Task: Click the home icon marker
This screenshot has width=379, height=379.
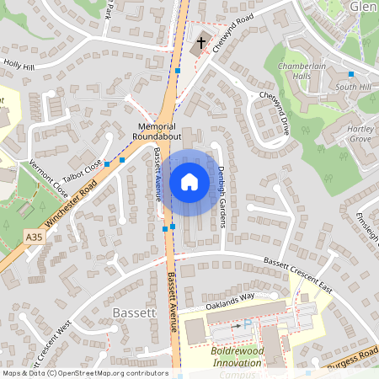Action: pyautogui.click(x=189, y=181)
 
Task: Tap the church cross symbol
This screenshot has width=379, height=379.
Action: pyautogui.click(x=200, y=42)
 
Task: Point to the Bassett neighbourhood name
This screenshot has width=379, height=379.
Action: pyautogui.click(x=133, y=313)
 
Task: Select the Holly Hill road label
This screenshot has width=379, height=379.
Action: pyautogui.click(x=19, y=63)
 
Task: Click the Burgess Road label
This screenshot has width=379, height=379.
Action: pyautogui.click(x=355, y=355)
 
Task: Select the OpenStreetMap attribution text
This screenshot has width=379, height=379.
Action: pyautogui.click(x=85, y=373)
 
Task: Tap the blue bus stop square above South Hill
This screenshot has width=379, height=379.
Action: pyautogui.click(x=351, y=74)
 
